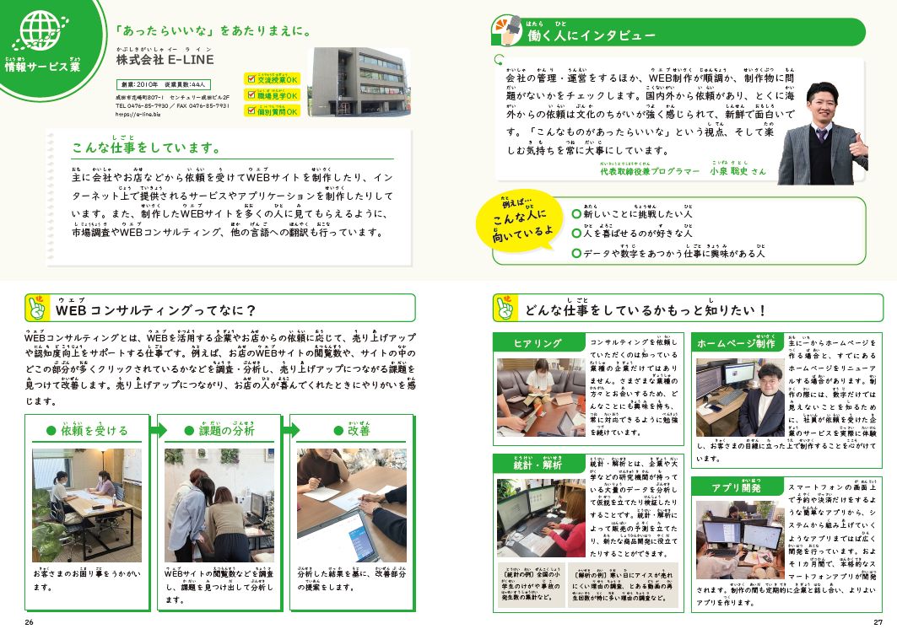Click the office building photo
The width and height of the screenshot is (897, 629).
347,82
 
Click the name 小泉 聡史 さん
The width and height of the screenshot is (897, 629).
738,171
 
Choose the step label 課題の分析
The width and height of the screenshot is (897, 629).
219,431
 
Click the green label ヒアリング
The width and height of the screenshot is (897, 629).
538,343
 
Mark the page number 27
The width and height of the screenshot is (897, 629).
877,622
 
